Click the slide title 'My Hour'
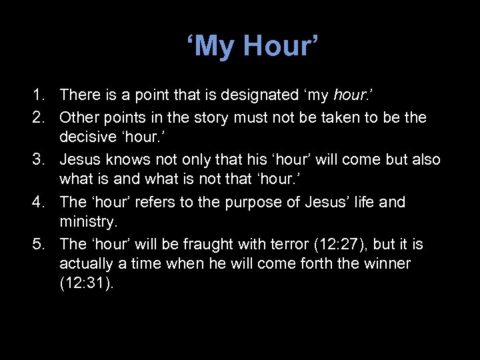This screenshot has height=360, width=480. click(x=253, y=46)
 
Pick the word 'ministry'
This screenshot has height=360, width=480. click(x=86, y=223)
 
